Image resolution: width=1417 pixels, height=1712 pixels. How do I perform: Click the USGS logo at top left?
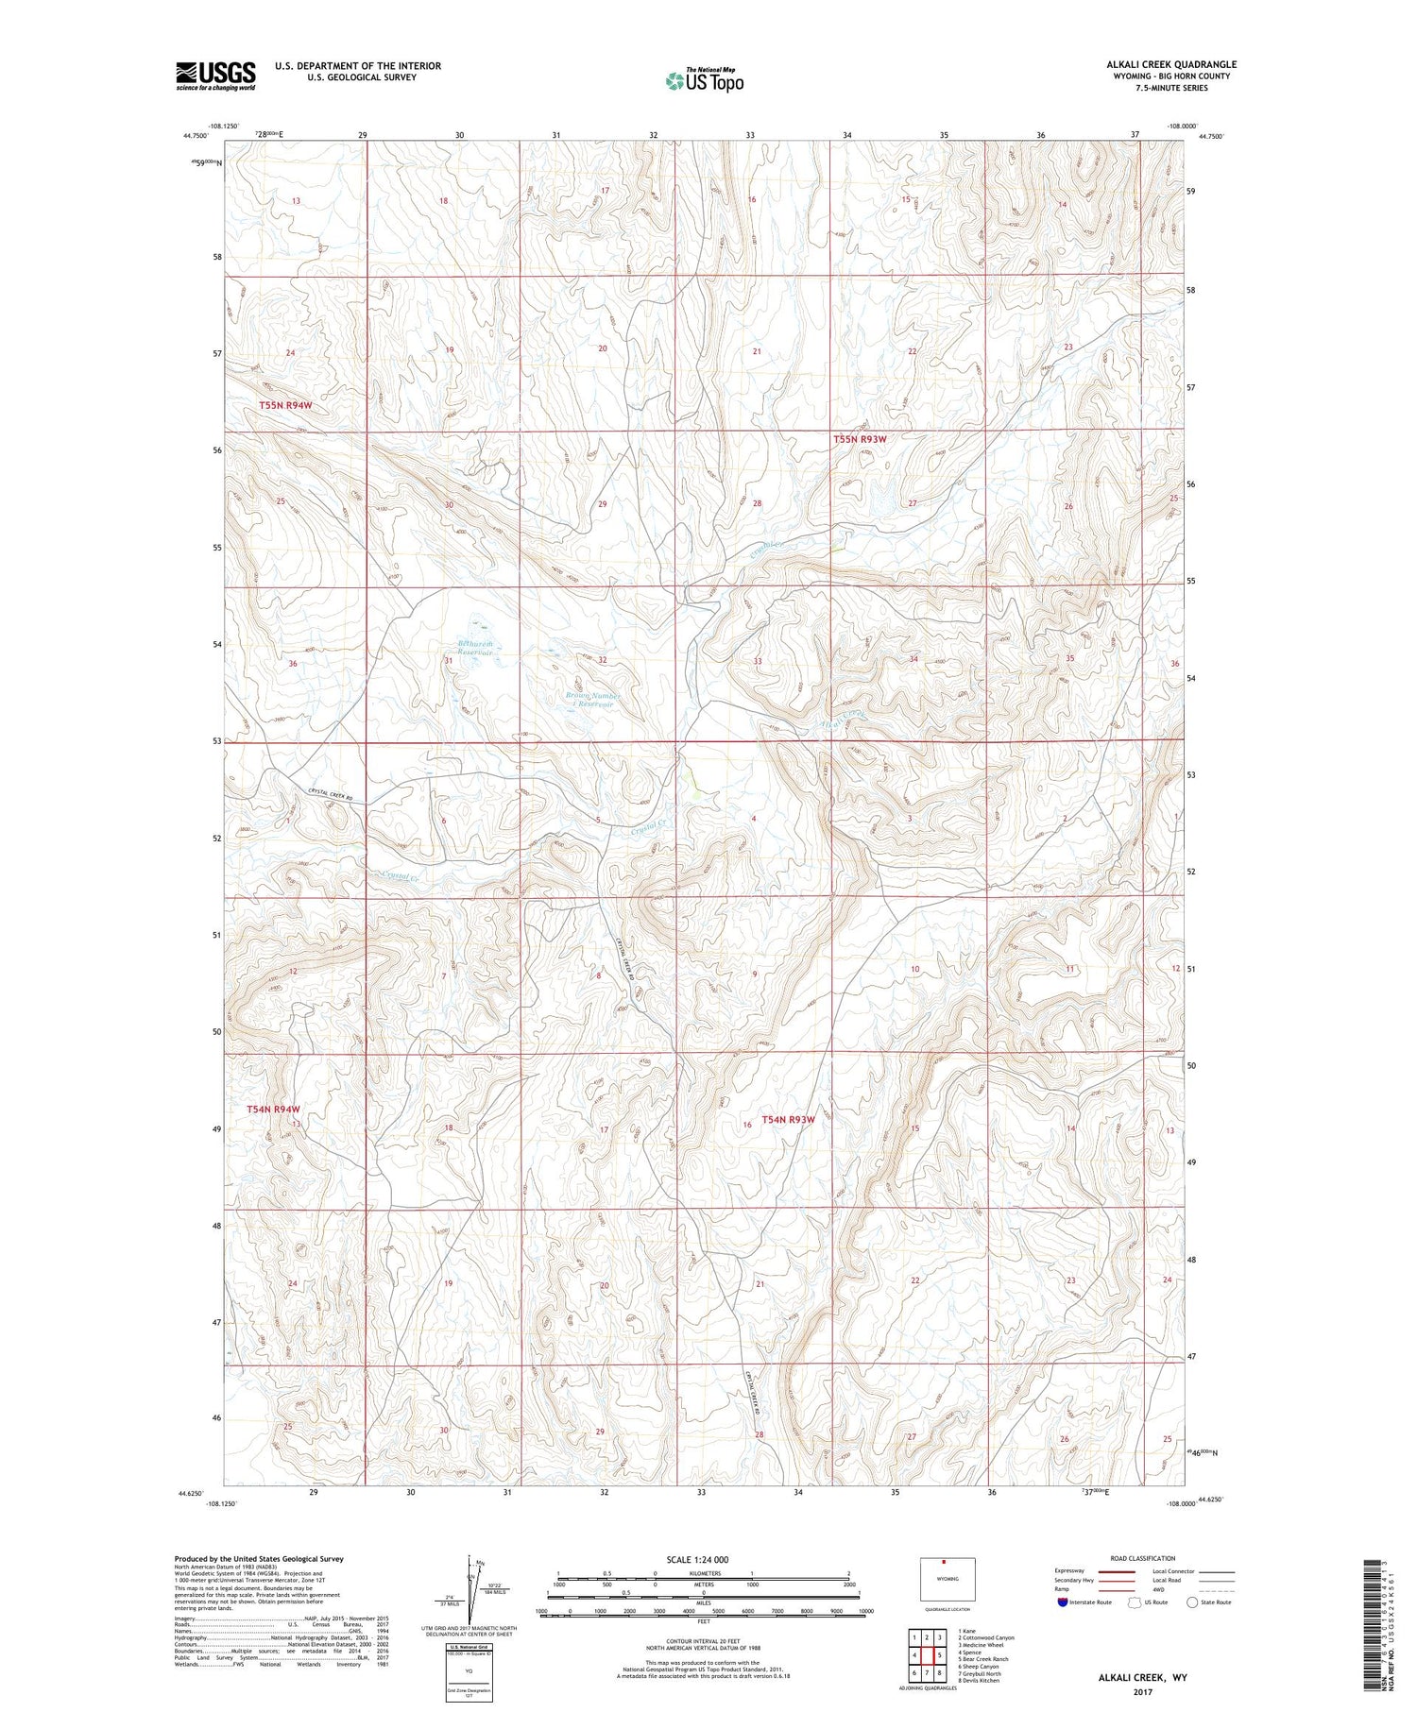215,76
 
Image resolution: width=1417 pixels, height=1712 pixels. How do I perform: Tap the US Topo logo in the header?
704,80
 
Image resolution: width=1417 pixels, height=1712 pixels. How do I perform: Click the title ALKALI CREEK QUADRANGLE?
1171,64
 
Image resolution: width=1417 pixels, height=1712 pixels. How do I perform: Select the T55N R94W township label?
285,405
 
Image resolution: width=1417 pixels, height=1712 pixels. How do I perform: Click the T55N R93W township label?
860,439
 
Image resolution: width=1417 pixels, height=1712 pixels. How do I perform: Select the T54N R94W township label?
273,1109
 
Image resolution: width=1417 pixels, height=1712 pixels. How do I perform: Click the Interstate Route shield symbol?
1064,1602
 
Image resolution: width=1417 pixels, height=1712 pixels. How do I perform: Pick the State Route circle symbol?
1192,1602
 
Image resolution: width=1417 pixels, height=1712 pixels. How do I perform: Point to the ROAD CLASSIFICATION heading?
1143,1558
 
